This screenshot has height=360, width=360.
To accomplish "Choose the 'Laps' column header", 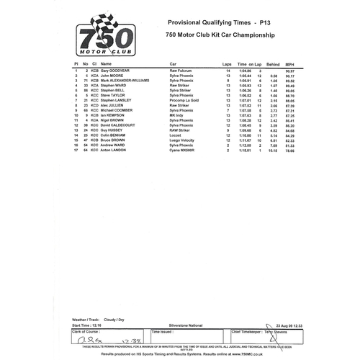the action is tap(228, 63).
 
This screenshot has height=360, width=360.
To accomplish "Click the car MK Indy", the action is tap(176, 114).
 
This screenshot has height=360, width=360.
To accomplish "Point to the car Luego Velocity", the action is tap(182, 140).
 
